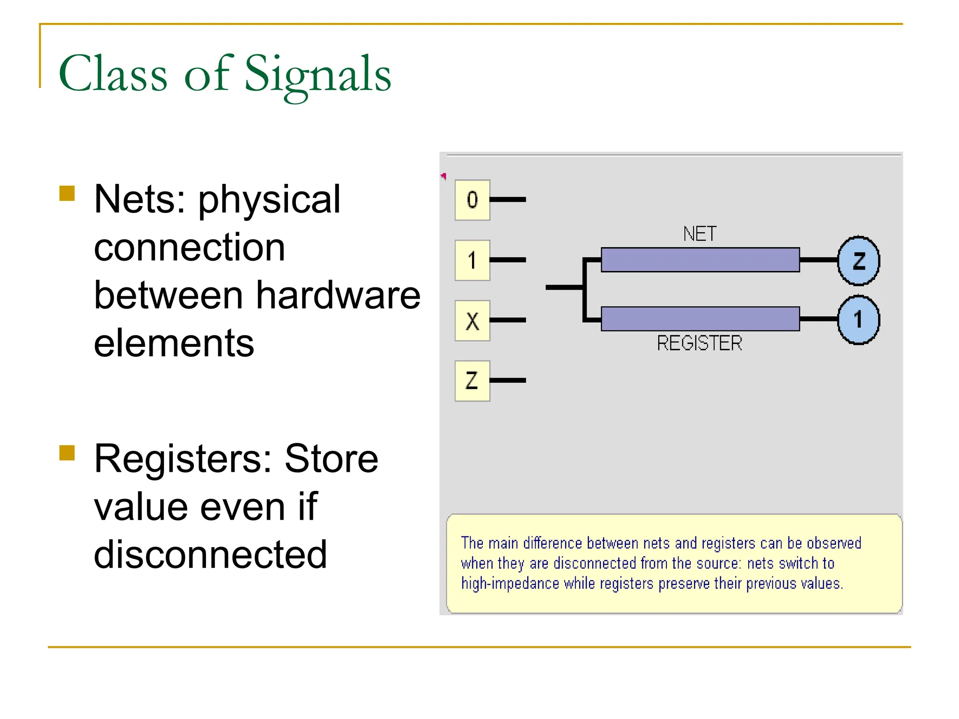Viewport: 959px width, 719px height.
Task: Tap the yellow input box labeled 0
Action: pyautogui.click(x=472, y=200)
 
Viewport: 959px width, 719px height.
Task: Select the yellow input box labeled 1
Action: pyautogui.click(x=472, y=260)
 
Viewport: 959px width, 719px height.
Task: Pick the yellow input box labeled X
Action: pyautogui.click(x=472, y=321)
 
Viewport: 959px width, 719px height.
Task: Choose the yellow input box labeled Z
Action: pyautogui.click(x=472, y=381)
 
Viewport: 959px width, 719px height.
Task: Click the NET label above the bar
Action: pyautogui.click(x=700, y=234)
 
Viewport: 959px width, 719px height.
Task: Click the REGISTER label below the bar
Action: pyautogui.click(x=700, y=344)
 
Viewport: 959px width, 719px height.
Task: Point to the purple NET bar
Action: pyautogui.click(x=700, y=260)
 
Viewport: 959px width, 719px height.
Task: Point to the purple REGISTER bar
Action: pyautogui.click(x=700, y=319)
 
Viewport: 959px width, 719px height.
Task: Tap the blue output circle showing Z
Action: pyautogui.click(x=858, y=261)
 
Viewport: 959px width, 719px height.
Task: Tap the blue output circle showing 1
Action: pyautogui.click(x=858, y=320)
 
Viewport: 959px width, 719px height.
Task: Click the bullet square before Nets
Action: pyautogui.click(x=67, y=193)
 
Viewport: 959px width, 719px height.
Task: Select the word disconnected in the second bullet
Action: pyautogui.click(x=210, y=555)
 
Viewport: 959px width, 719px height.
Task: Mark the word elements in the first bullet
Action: pyautogui.click(x=174, y=344)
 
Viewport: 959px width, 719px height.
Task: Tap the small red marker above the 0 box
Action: pyautogui.click(x=443, y=176)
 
